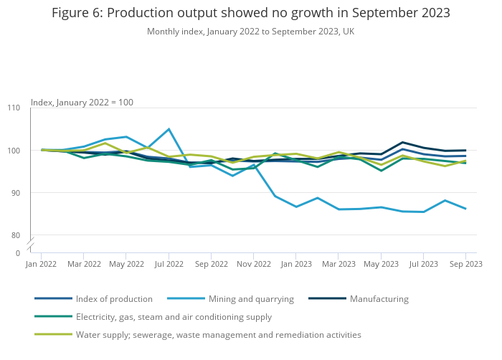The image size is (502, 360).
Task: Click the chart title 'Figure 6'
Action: click(x=251, y=14)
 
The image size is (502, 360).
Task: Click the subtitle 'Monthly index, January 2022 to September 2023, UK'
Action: click(x=251, y=32)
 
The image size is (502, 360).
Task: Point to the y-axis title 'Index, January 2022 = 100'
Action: click(x=82, y=103)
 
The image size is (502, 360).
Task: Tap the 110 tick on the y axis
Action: click(x=14, y=108)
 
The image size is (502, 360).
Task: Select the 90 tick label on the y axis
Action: click(x=16, y=193)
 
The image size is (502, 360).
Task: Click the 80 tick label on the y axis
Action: click(x=16, y=235)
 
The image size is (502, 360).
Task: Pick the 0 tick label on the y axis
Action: click(x=18, y=253)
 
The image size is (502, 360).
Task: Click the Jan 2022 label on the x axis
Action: click(x=42, y=265)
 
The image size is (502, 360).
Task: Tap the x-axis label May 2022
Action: click(x=126, y=265)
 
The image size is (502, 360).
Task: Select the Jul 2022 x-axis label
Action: click(x=169, y=265)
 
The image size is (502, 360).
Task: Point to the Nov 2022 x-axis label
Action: click(x=253, y=265)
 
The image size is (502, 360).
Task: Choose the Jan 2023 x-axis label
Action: click(x=295, y=265)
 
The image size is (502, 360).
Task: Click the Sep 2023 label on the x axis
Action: click(x=465, y=265)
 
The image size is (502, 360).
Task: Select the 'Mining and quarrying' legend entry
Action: click(x=251, y=299)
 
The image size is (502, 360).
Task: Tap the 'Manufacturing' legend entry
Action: click(x=379, y=299)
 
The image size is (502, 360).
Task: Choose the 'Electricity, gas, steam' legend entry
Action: click(x=174, y=317)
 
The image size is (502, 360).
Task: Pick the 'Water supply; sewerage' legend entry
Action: click(x=218, y=335)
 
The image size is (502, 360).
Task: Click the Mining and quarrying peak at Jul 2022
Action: click(x=169, y=129)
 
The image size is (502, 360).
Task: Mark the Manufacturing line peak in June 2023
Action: click(x=402, y=142)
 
